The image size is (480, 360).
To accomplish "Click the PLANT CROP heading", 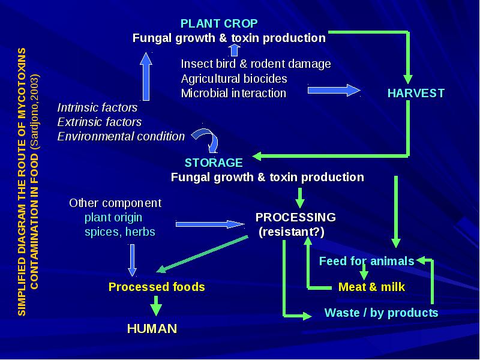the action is click(x=219, y=23).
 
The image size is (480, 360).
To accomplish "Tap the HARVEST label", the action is click(x=416, y=93).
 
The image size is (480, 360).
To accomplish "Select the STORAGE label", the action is click(x=214, y=163).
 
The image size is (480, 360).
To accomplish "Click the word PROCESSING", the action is click(x=295, y=217).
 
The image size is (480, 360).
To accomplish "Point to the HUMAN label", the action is click(x=152, y=328).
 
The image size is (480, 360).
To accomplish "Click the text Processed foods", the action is click(x=157, y=287).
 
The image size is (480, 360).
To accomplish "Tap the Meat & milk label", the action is click(x=371, y=287).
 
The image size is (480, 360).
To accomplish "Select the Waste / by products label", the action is click(x=381, y=313).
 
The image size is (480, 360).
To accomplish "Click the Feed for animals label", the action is click(x=367, y=261).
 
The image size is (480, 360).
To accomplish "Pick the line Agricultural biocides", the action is click(x=234, y=79).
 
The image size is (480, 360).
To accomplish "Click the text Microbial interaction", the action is click(x=233, y=93).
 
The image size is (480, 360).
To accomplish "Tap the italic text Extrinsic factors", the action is click(x=100, y=122).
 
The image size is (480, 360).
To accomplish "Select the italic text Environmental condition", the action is click(x=121, y=136).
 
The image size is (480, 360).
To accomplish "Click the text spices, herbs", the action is click(x=119, y=232).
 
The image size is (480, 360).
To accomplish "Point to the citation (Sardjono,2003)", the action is click(x=35, y=112).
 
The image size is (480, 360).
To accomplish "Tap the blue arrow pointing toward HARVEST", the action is click(x=334, y=91).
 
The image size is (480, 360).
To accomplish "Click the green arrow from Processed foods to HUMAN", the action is click(x=156, y=305).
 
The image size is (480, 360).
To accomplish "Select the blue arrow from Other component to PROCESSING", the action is click(x=210, y=224).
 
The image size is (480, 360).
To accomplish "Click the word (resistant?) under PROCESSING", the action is click(x=292, y=232).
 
